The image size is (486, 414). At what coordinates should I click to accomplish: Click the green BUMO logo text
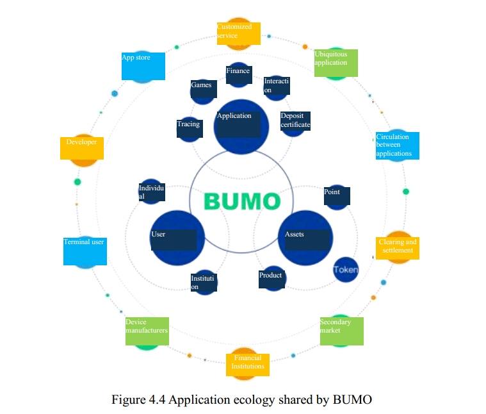[x=242, y=201]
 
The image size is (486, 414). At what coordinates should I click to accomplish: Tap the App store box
[x=143, y=67]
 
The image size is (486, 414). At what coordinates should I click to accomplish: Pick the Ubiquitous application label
[x=336, y=63]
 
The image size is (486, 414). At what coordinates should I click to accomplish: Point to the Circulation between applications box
[x=397, y=145]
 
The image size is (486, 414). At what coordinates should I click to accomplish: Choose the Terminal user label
[x=85, y=251]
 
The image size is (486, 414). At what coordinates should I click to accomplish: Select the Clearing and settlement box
[x=397, y=248]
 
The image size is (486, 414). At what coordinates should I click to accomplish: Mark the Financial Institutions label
[x=248, y=364]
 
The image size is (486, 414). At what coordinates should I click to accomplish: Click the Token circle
[x=346, y=270]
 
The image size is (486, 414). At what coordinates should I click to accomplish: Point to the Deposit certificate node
[x=295, y=120]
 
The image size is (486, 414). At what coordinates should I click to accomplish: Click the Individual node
[x=151, y=192]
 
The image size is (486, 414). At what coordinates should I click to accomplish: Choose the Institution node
[x=204, y=282]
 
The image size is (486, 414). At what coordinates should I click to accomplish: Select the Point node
[x=336, y=196]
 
